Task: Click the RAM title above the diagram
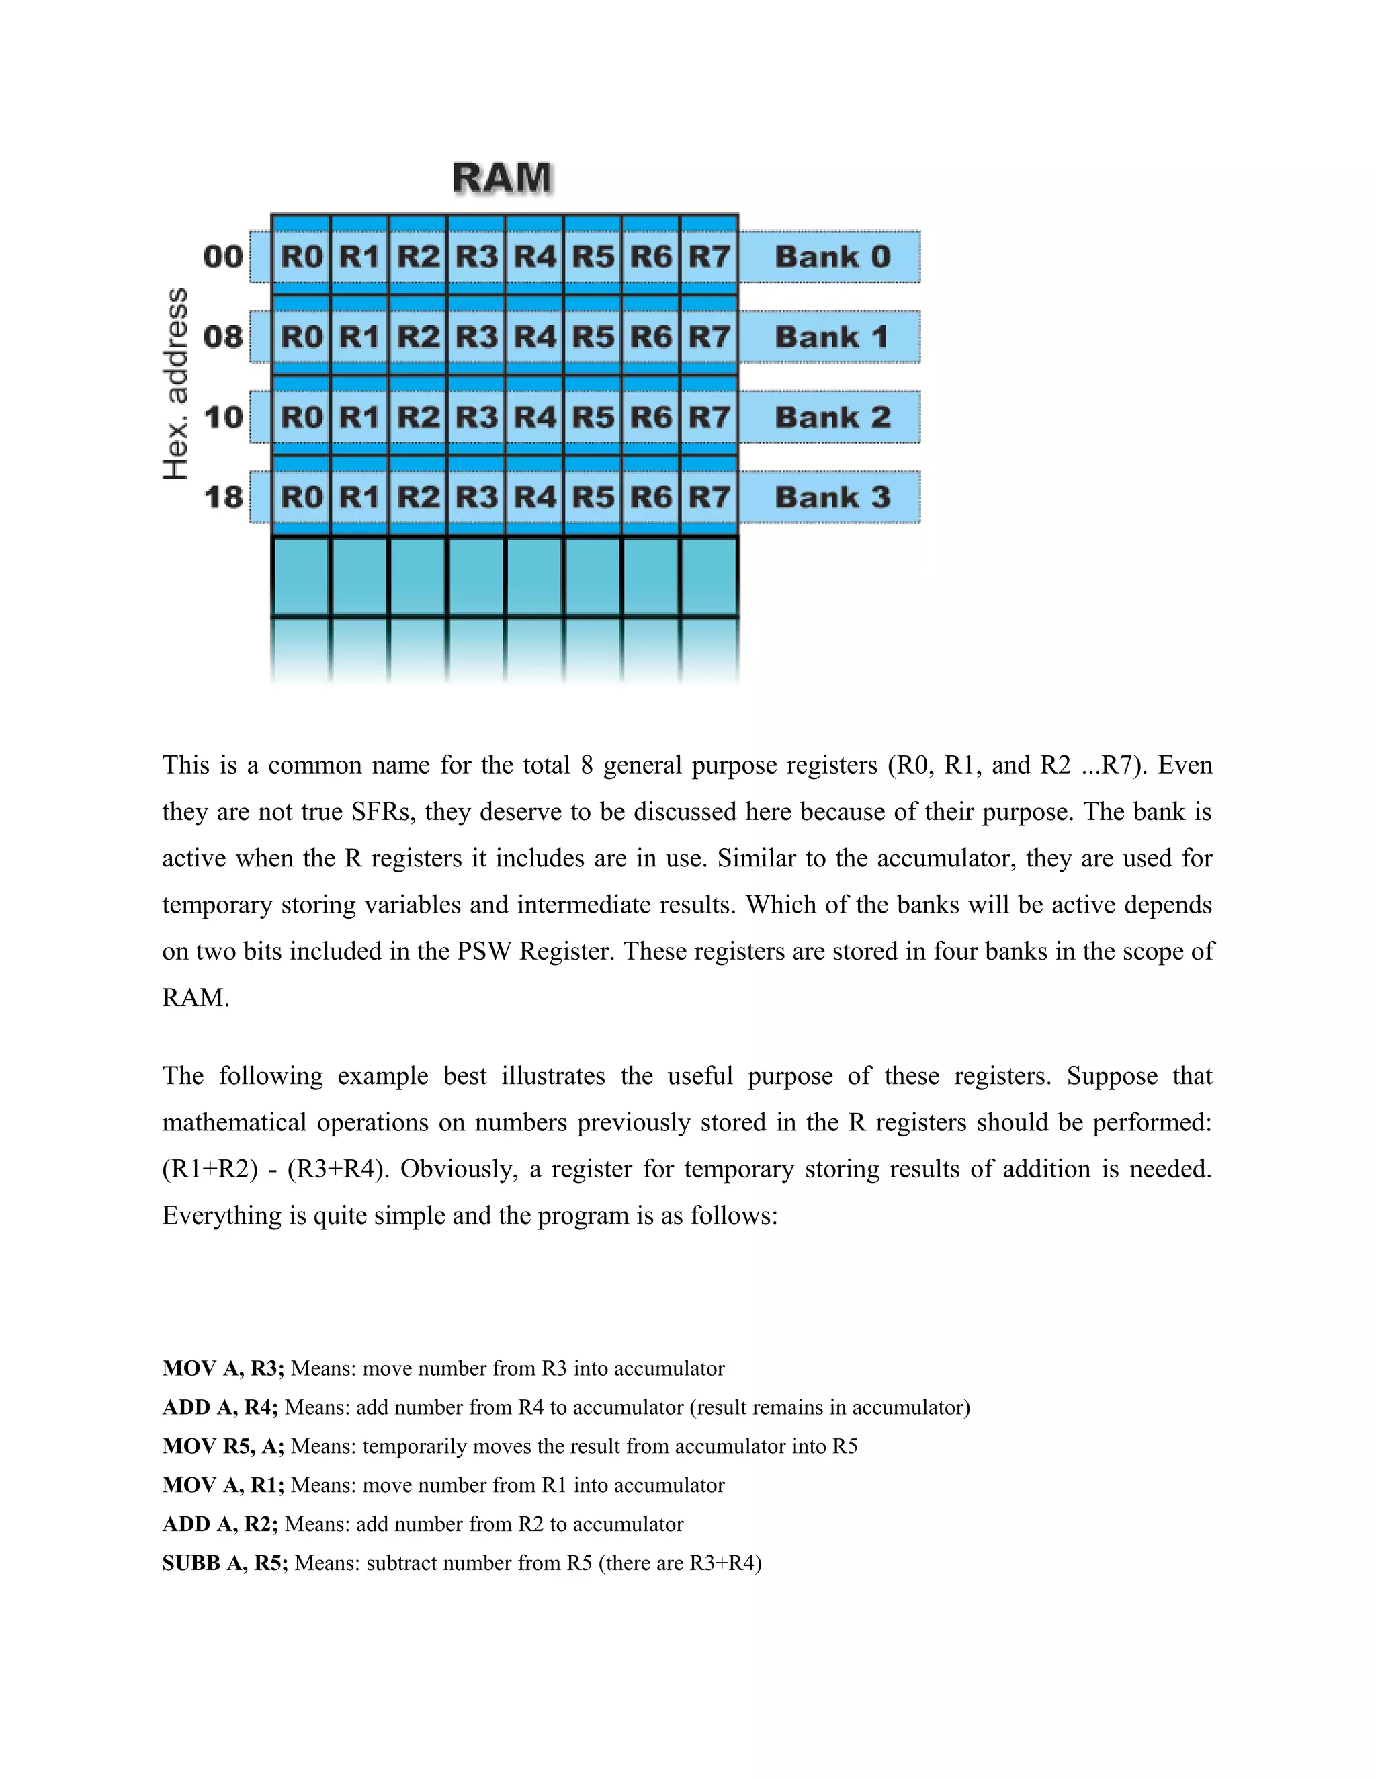(502, 178)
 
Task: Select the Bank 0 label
(832, 257)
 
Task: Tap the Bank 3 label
(832, 497)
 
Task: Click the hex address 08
(223, 337)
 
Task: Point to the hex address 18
(223, 497)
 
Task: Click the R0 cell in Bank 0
(302, 257)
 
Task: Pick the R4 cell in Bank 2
(535, 417)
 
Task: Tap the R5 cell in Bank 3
(593, 497)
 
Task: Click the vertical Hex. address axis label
(176, 383)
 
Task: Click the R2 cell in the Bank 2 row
(418, 417)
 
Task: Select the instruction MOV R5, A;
(223, 1446)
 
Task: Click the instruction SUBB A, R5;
(225, 1563)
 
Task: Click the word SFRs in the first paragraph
(383, 811)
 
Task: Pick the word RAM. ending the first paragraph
(196, 997)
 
